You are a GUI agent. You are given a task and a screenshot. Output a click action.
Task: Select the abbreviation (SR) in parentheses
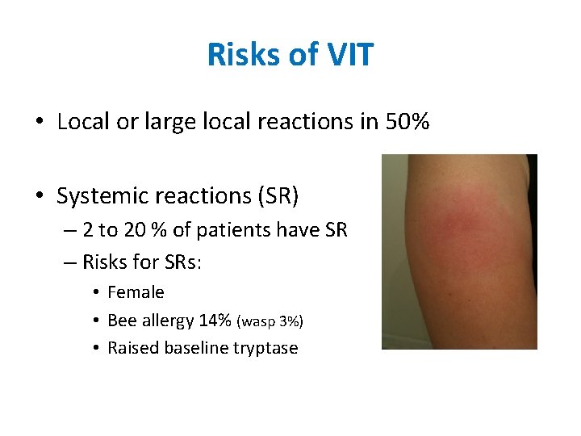(x=276, y=195)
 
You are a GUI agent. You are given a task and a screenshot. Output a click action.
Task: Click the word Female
(x=136, y=292)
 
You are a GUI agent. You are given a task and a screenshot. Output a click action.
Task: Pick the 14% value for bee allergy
(x=215, y=321)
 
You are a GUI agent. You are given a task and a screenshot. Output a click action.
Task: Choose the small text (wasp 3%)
(x=270, y=321)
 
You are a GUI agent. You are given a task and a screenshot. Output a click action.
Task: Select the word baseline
(x=193, y=348)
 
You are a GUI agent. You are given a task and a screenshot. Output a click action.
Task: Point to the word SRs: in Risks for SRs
(x=189, y=261)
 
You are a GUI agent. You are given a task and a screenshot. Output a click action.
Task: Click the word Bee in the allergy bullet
(x=122, y=321)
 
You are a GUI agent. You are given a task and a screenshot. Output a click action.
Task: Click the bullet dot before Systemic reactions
(x=40, y=196)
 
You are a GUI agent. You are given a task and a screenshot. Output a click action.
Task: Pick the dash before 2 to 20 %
(x=67, y=231)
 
